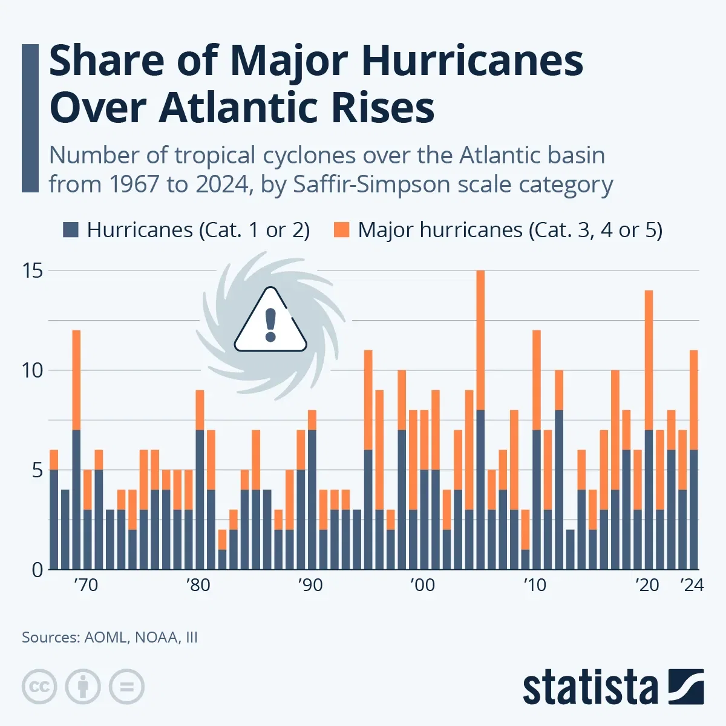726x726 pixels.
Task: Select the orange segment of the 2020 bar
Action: pos(649,360)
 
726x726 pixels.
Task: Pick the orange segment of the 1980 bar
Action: pos(200,410)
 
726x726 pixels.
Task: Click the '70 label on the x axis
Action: pos(86,585)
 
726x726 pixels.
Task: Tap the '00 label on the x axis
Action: pos(422,585)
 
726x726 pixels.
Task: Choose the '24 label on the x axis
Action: pos(692,585)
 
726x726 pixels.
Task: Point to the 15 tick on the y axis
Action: pos(33,270)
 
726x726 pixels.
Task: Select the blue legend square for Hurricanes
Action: pos(71,230)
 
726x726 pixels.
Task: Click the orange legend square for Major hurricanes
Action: pos(342,230)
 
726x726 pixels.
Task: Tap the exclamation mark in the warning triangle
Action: pos(270,324)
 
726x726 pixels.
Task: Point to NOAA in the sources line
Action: pos(157,637)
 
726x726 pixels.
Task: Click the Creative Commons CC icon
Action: pos(39,687)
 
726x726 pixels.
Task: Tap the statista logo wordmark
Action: pos(590,688)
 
